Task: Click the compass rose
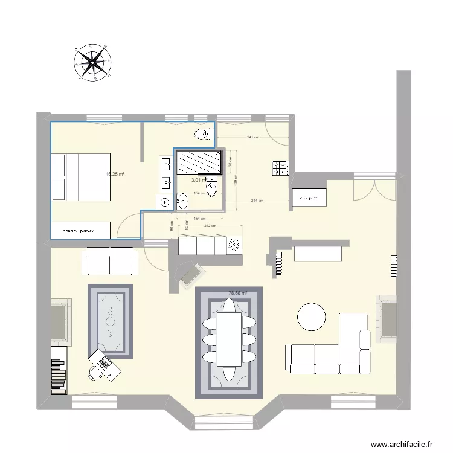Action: click(92, 63)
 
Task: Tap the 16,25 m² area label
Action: click(115, 175)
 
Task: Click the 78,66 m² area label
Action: click(237, 294)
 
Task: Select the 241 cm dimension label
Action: click(252, 137)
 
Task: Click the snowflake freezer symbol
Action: click(234, 245)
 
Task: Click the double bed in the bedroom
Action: click(80, 176)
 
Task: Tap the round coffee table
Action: click(312, 316)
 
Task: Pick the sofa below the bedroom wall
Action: click(110, 262)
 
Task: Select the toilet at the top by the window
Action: click(200, 133)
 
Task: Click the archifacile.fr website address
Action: click(402, 443)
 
